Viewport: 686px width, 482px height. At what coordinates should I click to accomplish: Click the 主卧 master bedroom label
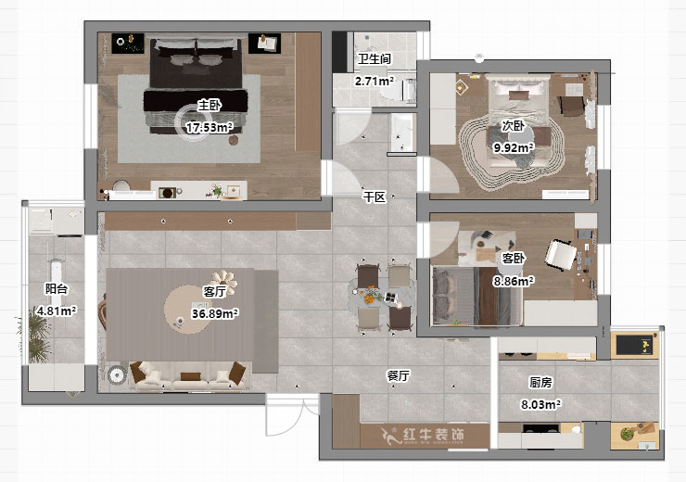pos(209,105)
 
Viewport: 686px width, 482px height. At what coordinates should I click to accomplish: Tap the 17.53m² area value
pos(209,127)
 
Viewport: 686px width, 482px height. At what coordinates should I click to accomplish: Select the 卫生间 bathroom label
pos(374,59)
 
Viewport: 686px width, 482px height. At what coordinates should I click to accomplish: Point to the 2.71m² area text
pos(374,81)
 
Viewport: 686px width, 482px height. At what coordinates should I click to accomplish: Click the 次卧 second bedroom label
pos(513,125)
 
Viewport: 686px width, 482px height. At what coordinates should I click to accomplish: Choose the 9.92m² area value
pos(513,147)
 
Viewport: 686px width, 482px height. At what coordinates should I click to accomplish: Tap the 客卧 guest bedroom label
pos(513,258)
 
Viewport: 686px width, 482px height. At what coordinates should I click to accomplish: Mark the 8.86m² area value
pos(513,280)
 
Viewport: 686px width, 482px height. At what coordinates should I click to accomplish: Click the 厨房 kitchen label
pos(541,382)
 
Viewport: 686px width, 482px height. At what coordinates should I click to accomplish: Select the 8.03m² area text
pos(541,404)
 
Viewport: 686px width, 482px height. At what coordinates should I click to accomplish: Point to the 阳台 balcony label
pos(56,288)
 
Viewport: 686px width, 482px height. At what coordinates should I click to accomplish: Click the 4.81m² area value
pos(56,311)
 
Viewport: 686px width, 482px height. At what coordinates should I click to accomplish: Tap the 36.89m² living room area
pos(215,313)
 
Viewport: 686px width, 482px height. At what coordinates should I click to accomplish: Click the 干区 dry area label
pos(374,197)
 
